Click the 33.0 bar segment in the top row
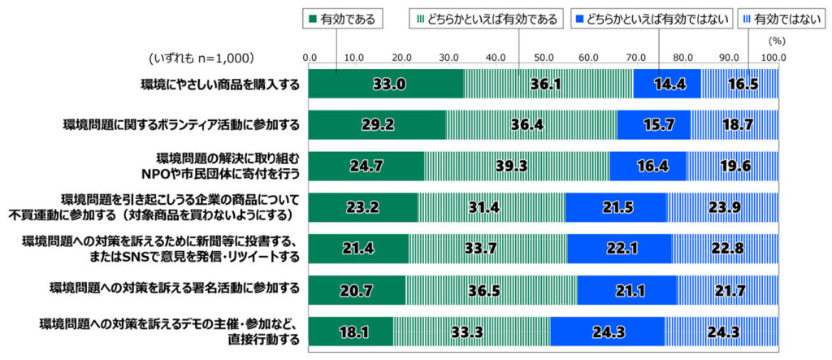(386, 84)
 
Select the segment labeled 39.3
(517, 166)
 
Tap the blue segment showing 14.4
(667, 84)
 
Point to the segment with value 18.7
(734, 124)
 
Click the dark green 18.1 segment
(350, 332)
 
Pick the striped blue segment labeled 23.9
(722, 207)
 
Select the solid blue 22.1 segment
(620, 249)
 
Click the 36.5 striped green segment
(490, 290)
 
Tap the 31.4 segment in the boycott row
(491, 207)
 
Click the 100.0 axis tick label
(773, 58)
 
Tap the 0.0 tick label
(310, 58)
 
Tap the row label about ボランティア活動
(181, 124)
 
